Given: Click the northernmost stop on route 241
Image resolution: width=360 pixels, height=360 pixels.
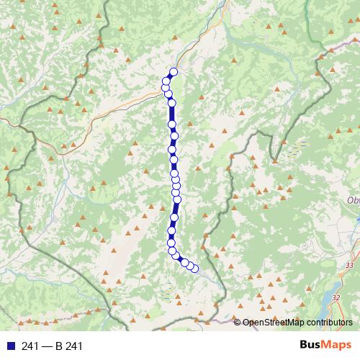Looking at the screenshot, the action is [x=173, y=72].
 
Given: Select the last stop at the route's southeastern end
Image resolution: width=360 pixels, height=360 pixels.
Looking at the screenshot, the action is [x=194, y=269].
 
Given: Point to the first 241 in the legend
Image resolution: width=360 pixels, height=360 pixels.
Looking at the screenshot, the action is [x=31, y=347].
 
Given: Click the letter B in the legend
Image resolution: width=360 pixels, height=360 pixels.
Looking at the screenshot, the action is [x=60, y=347].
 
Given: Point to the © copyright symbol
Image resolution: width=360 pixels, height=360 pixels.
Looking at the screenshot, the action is [x=238, y=323].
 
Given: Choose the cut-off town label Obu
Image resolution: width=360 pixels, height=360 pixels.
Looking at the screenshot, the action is [x=353, y=200].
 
